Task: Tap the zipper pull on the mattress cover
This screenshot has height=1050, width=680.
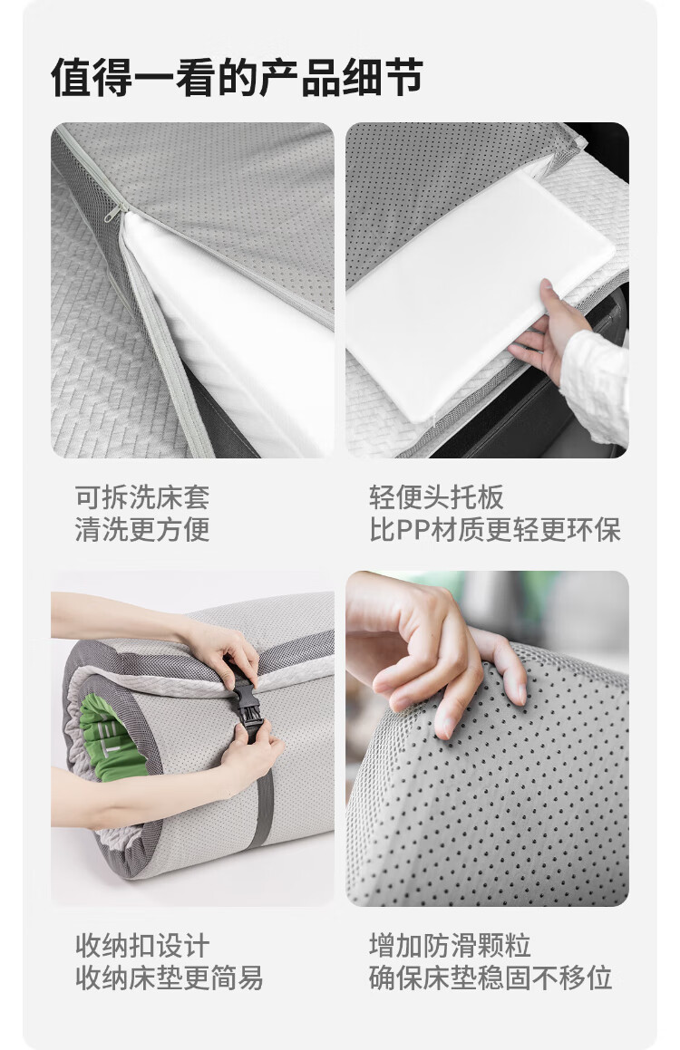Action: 113,213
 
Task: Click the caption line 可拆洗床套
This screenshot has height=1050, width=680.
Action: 142,497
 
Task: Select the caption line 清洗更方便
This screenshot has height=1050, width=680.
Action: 142,529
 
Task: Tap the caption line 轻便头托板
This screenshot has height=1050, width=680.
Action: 436,497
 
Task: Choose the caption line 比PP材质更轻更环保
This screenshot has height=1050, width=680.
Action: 495,529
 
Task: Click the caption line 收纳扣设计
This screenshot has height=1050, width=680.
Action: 142,946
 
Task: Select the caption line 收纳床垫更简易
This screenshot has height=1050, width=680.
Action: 169,978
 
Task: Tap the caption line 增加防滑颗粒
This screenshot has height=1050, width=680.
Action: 450,946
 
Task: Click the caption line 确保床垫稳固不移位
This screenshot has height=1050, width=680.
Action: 491,978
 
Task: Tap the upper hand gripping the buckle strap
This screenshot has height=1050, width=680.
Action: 221,653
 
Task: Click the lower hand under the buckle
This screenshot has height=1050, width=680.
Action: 251,756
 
